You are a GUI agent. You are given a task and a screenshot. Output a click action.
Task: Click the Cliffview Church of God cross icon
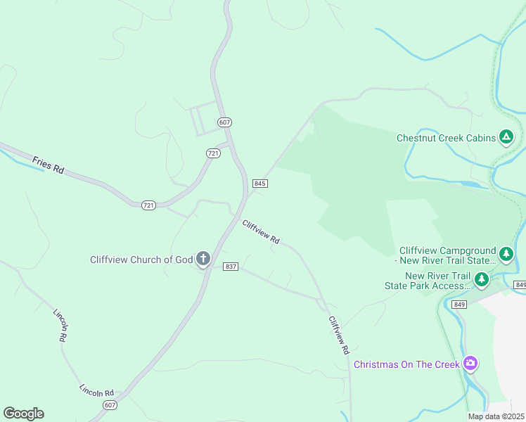point(203,259)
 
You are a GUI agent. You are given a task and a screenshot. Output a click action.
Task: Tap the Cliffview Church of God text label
point(141,260)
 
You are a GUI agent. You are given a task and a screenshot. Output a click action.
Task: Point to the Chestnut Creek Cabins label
point(445,138)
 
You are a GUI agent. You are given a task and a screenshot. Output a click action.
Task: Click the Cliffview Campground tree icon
point(505,252)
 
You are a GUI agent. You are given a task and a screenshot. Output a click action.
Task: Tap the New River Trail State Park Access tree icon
point(481,280)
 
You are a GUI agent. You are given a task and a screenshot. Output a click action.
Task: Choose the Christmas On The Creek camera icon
point(470,364)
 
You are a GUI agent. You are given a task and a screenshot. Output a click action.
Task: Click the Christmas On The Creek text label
point(406,364)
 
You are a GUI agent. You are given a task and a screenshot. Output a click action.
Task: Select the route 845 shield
point(260,184)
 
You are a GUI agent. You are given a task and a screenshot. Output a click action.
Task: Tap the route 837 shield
point(231,267)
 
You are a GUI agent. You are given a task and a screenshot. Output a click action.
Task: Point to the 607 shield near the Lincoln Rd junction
point(110,405)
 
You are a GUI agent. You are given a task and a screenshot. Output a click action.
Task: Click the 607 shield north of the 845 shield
point(224,122)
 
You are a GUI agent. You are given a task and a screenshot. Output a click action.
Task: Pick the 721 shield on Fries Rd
point(148,205)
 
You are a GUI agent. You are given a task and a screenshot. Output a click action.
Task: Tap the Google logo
point(23,413)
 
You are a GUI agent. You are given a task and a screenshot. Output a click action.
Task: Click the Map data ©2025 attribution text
point(496,416)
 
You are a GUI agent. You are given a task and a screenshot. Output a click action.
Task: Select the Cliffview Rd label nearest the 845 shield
point(261,232)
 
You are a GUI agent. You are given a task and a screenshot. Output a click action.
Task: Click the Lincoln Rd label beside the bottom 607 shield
point(96,390)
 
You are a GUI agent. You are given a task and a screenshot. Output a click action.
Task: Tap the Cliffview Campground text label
point(447,255)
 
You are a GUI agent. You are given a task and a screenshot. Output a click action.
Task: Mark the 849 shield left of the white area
point(520,284)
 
